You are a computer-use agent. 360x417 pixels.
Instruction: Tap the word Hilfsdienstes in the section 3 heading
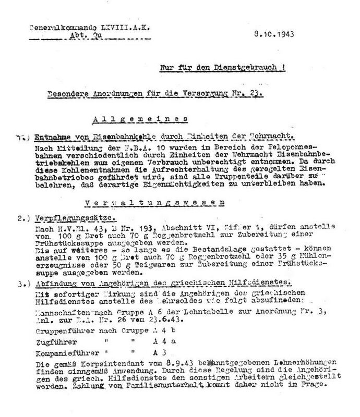(x=259, y=283)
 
